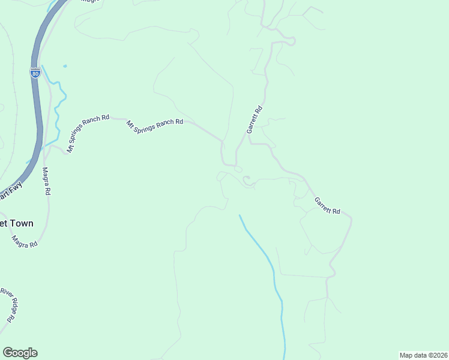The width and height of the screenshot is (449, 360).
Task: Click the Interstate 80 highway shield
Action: tap(36, 73)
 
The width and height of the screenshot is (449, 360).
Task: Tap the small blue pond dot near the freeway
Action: tap(65, 65)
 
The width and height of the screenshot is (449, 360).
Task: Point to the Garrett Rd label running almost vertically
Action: tap(255, 120)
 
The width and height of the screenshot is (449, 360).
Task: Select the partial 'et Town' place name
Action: tap(16, 223)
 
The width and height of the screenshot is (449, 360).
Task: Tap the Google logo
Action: tap(20, 353)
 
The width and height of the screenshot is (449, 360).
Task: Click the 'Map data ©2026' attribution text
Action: tap(423, 355)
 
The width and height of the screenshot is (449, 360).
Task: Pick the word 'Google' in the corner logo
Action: tap(20, 353)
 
